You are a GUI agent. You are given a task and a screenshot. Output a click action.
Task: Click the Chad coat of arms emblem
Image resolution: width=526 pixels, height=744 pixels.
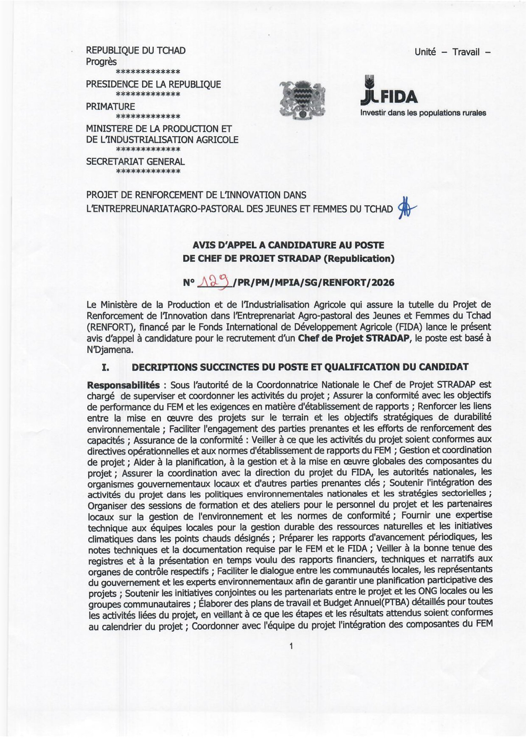[303, 99]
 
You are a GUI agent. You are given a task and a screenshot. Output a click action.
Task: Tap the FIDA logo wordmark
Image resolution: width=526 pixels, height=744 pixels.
[389, 96]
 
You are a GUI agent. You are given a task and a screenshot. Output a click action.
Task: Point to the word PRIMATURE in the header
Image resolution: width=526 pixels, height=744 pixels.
[110, 106]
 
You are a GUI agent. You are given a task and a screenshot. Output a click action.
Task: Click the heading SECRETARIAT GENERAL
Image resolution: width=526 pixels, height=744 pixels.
[135, 161]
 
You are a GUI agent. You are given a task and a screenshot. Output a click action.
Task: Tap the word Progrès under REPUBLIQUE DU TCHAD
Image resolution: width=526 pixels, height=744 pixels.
[101, 62]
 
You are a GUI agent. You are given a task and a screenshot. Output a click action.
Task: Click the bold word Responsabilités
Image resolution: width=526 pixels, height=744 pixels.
[123, 385]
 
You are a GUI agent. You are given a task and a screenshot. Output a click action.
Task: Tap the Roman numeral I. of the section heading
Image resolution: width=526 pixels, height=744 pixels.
[105, 367]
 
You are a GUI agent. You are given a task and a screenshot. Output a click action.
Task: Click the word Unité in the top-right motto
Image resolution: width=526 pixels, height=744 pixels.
[425, 52]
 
